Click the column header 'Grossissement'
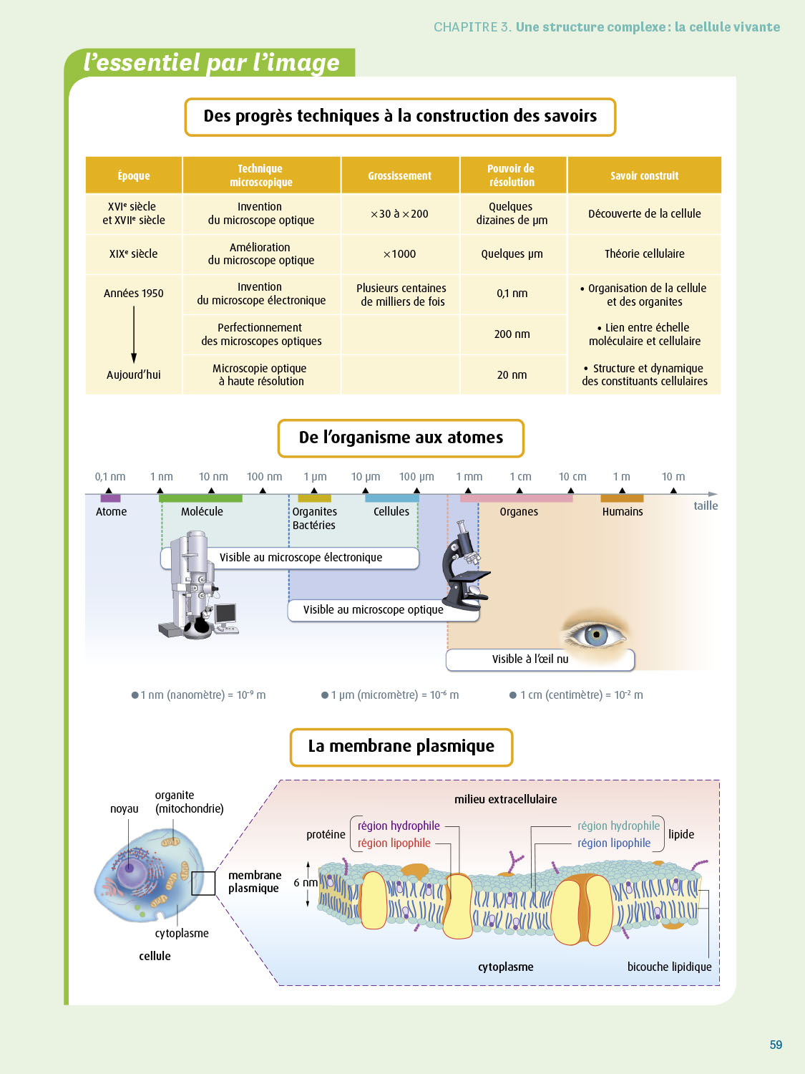399,175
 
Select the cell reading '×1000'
399,254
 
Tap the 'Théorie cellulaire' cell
644,253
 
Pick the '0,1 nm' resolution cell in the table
512,294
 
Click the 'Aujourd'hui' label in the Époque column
134,374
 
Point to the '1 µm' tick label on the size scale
315,477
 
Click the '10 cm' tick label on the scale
572,477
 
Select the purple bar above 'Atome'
110,498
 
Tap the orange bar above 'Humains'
622,498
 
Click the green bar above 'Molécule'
200,498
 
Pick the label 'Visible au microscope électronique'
301,558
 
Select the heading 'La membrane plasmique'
401,746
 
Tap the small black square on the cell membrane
203,883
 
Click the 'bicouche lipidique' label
669,967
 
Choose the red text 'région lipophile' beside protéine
394,843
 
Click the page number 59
776,1045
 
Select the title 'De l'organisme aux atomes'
401,437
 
